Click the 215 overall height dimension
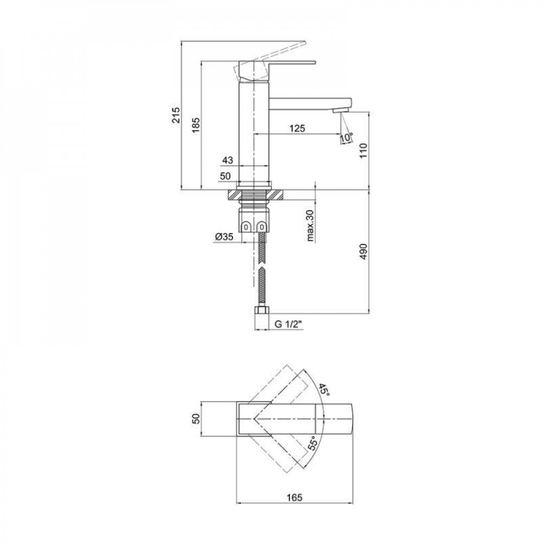coord(176,115)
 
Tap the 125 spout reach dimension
coord(297,128)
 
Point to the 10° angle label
coord(346,138)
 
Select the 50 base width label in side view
coord(225,176)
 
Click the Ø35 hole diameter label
coord(224,236)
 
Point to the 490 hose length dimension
coord(363,253)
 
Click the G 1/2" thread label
coord(286,325)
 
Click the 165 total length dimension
coord(295,497)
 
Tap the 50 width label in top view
coord(197,418)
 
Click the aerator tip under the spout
coord(340,111)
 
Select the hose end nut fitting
coord(262,313)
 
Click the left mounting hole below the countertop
coord(247,226)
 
